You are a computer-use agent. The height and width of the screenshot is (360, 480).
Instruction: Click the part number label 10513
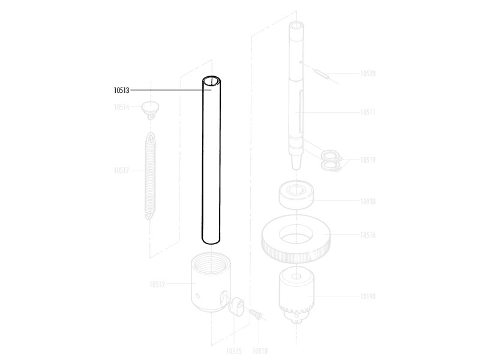[122, 91]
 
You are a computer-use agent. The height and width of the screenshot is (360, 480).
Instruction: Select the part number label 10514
[122, 107]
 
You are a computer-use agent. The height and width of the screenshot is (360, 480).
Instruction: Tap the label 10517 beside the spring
[122, 170]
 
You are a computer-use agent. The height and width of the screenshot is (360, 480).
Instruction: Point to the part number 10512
[157, 284]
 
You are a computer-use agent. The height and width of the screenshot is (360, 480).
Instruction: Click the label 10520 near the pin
[368, 73]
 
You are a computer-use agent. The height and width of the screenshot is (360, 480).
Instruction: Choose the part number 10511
[368, 112]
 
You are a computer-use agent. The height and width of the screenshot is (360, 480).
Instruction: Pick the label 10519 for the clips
[368, 160]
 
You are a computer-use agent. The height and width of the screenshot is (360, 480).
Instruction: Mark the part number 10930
[368, 201]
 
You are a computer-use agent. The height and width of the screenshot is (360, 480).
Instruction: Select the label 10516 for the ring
[368, 235]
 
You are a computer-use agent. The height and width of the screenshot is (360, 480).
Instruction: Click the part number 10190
[368, 296]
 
